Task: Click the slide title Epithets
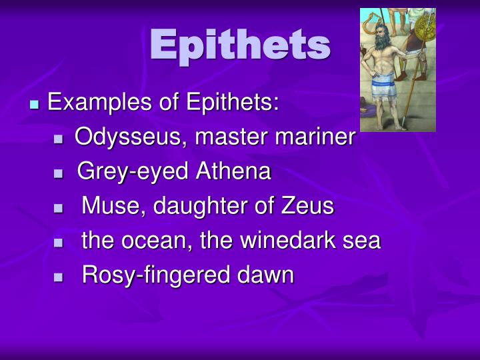click(240, 45)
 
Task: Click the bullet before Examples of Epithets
click(35, 105)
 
